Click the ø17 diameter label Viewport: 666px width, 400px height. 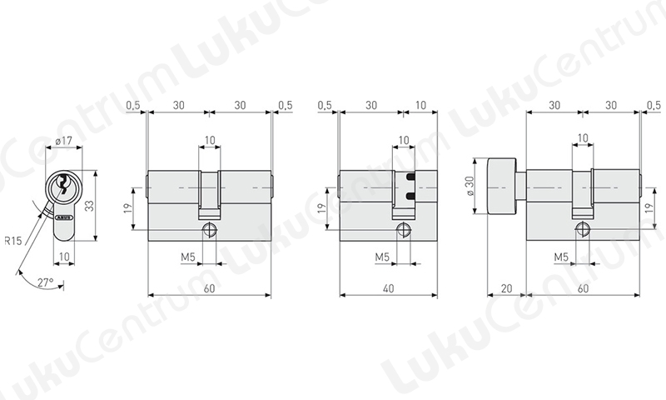(64, 140)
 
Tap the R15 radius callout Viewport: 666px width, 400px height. (12, 241)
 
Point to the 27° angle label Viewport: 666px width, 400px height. (46, 282)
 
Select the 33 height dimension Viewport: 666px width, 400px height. (89, 206)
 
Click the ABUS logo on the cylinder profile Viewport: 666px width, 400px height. (64, 218)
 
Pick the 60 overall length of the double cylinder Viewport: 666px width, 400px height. (209, 288)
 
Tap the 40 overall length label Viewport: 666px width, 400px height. (388, 288)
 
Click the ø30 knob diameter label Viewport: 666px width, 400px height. (470, 186)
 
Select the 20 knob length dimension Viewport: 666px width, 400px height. (506, 288)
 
